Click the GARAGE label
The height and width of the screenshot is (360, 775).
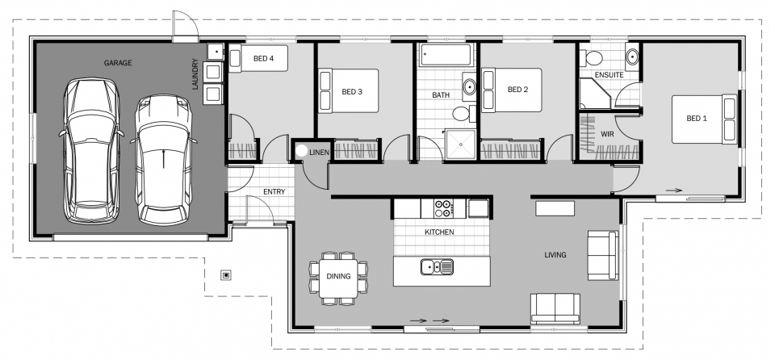tap(118, 62)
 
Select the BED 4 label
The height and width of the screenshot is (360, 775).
tap(264, 58)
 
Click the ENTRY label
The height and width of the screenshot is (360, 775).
tap(274, 191)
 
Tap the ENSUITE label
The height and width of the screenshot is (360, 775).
tap(608, 75)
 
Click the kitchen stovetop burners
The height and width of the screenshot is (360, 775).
tap(442, 208)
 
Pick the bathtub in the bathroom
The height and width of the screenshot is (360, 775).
tap(446, 57)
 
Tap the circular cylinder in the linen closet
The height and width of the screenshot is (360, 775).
tap(302, 150)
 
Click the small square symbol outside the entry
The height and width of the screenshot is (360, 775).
tap(227, 275)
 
